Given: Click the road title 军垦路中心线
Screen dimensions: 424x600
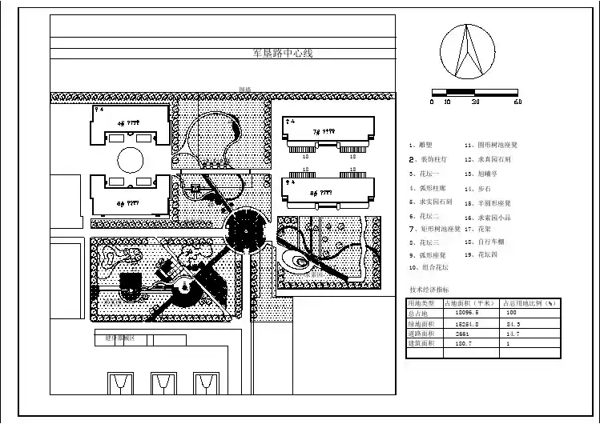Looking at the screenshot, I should point(282,54).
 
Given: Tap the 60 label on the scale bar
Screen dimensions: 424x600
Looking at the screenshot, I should point(517,102).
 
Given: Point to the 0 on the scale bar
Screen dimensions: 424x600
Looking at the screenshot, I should point(432,102).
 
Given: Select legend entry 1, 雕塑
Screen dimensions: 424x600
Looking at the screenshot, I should point(421,146).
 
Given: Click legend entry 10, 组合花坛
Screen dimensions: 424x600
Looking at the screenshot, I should point(429,267).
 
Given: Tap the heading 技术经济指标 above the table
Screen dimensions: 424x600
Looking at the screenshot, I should point(429,290).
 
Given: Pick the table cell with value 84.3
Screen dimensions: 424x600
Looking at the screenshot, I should point(513,324).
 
